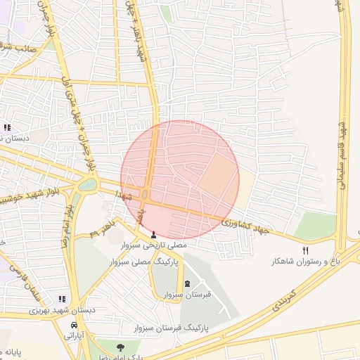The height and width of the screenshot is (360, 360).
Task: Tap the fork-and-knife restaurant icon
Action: click(305, 250)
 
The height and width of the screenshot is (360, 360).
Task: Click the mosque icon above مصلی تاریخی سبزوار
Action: click(155, 234)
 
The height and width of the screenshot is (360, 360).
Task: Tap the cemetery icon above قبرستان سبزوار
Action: click(187, 284)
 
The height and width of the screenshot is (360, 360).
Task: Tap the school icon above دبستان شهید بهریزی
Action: click(62, 299)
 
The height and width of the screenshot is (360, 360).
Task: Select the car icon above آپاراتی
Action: click(74, 325)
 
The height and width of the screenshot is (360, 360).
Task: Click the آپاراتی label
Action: click(75, 336)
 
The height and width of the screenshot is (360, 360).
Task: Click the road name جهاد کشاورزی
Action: click(245, 226)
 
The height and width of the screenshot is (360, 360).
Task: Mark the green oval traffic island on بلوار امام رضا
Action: click(87, 185)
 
